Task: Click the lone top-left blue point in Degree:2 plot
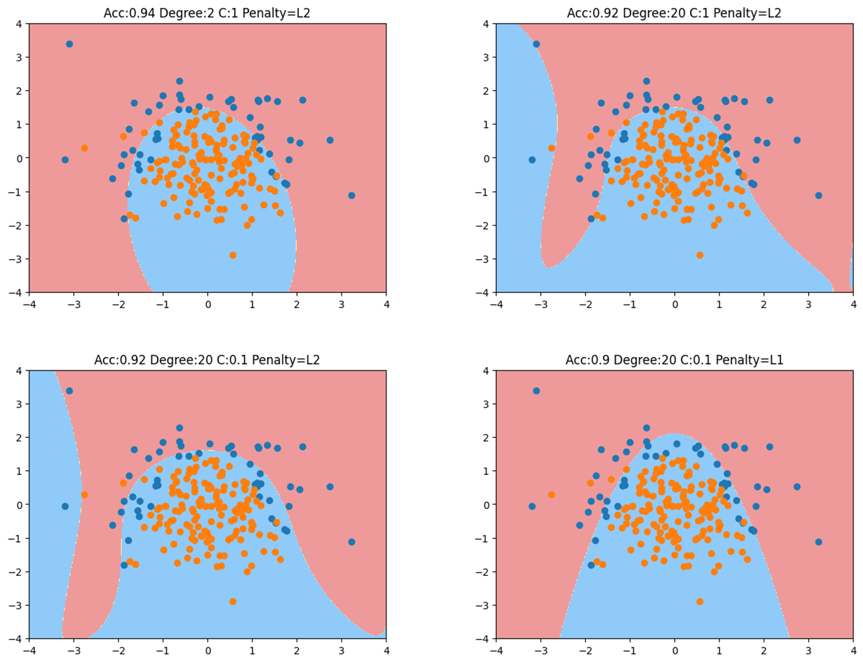(x=69, y=44)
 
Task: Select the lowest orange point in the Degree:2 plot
(x=233, y=255)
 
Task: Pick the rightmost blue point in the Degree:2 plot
(x=352, y=196)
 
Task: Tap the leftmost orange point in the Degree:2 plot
(x=84, y=148)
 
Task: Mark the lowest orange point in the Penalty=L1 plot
(x=700, y=601)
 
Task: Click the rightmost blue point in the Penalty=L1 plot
(x=819, y=542)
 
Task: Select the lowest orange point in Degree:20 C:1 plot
(x=700, y=255)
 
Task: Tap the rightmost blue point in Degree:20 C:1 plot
(x=819, y=196)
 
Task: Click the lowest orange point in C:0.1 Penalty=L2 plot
(x=233, y=601)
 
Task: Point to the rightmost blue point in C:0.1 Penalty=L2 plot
(x=352, y=542)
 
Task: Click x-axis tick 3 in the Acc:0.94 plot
(x=342, y=304)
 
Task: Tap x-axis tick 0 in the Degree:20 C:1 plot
(x=675, y=304)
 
